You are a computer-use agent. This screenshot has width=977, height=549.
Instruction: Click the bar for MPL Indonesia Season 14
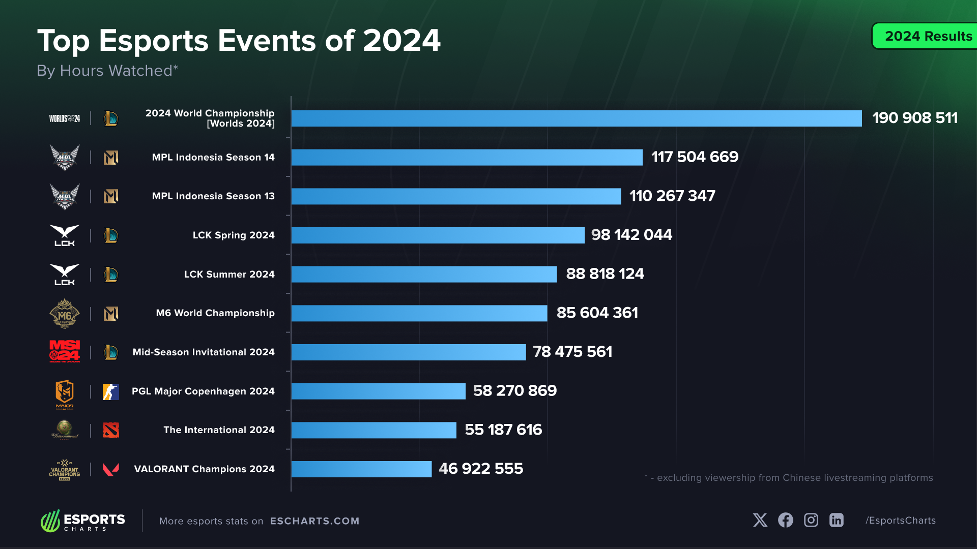coord(467,157)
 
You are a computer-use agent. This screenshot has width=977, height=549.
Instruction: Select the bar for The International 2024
coord(374,430)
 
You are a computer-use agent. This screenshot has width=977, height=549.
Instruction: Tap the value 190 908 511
coord(914,118)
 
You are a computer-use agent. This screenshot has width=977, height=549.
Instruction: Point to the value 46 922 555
coord(480,469)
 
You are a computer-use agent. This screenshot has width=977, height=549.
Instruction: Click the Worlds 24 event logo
coord(64,118)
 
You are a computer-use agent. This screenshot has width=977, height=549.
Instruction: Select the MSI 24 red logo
coord(65,351)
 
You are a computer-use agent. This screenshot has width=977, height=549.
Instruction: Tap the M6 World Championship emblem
coord(65,314)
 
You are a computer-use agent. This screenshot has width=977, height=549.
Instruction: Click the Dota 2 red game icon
coord(111,430)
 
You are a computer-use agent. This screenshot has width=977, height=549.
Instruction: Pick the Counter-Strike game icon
coord(111,391)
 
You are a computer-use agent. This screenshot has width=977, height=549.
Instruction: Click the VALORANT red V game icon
coord(111,469)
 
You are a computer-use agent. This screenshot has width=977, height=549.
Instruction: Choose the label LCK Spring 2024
coord(233,235)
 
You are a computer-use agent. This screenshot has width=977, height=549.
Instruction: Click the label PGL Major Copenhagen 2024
coord(203,391)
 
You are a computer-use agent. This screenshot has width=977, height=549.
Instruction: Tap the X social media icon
coord(760,520)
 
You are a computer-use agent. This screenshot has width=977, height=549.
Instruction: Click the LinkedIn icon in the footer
coord(836,520)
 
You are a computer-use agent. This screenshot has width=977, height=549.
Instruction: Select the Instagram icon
coord(811,520)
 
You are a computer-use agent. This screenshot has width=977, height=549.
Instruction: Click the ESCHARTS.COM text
coord(314,521)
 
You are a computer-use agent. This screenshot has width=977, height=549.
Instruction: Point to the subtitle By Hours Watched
coord(107,71)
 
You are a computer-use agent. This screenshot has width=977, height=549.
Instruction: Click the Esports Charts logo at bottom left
coord(83,521)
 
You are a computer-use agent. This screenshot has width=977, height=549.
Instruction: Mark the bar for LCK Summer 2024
coord(424,274)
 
